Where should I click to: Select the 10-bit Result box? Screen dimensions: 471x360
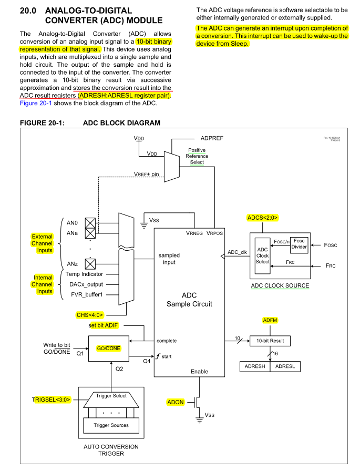pyautogui.click(x=270, y=341)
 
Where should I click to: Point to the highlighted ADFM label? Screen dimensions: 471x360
pyautogui.click(x=269, y=320)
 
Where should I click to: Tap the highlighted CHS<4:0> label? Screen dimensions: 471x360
pyautogui.click(x=94, y=315)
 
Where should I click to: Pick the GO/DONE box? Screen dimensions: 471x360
pyautogui.click(x=109, y=349)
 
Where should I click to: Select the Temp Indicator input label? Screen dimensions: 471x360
pyautogui.click(x=85, y=274)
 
